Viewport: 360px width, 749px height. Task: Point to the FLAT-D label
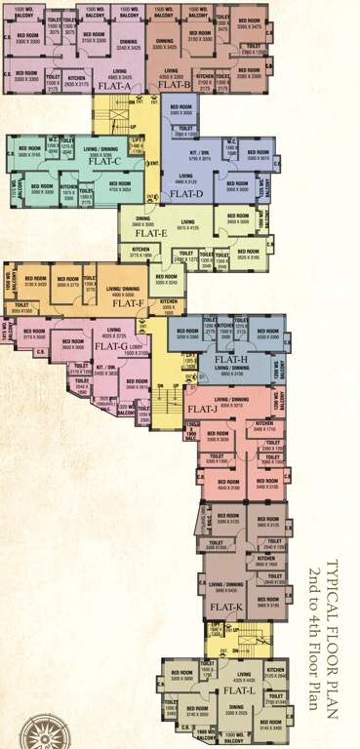point(186,194)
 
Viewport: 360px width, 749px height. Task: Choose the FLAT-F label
point(128,302)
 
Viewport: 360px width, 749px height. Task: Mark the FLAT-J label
point(200,408)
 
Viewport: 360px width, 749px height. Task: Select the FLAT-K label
point(225,607)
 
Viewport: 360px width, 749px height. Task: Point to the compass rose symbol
point(20,729)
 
